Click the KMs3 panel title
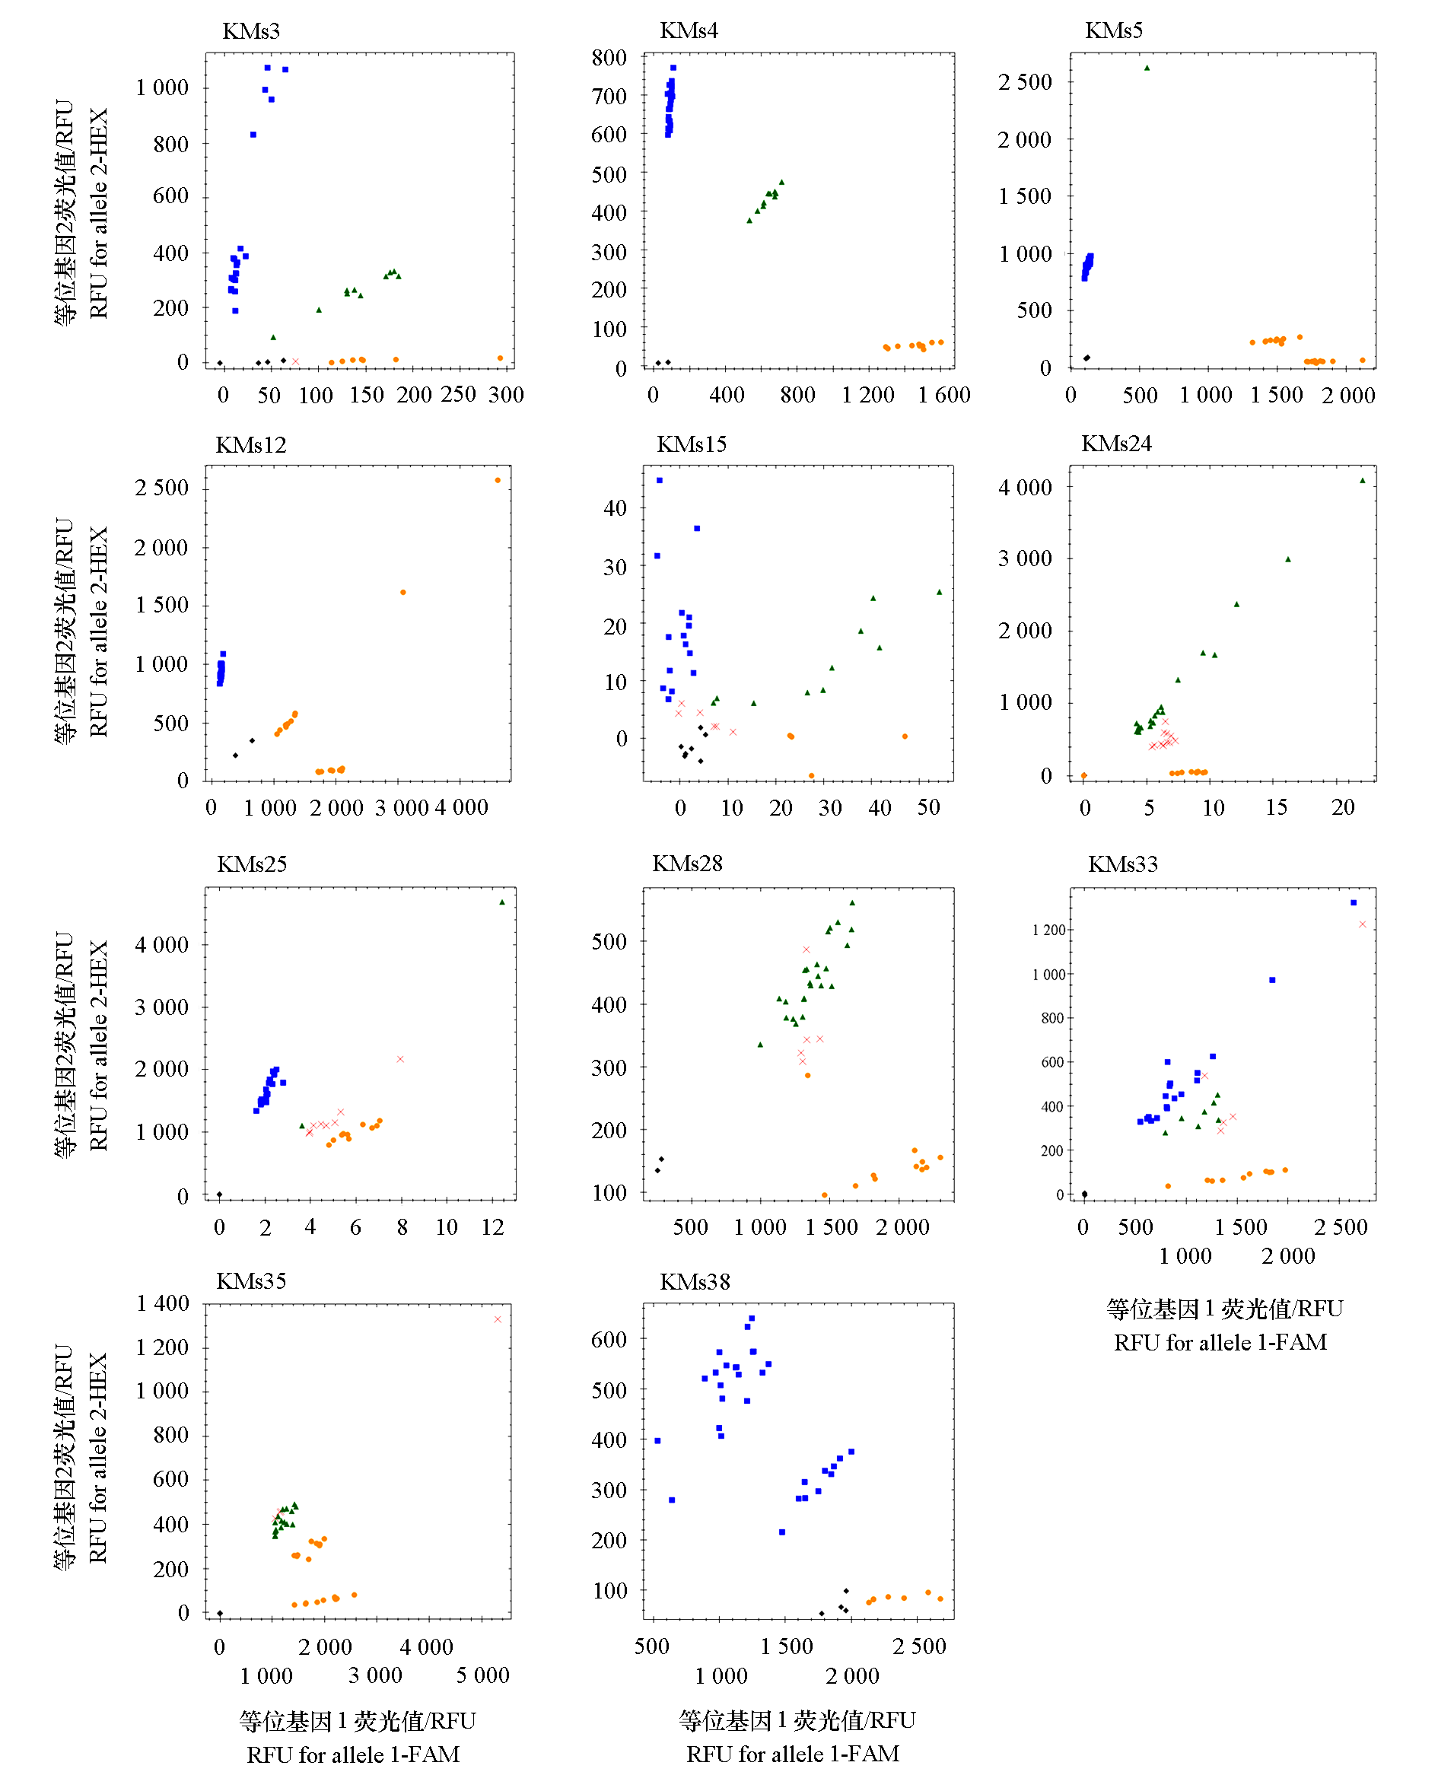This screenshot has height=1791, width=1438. [251, 31]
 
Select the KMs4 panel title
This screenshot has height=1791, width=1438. [689, 30]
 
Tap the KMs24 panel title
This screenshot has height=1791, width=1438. [1115, 444]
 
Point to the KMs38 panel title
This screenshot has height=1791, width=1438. [695, 1282]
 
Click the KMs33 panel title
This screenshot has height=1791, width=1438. [1122, 864]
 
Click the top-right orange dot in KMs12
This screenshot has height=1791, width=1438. [498, 480]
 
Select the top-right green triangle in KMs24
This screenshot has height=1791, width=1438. [1363, 480]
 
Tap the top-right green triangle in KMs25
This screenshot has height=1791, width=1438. [501, 902]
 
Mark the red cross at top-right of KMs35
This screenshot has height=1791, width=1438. [498, 1319]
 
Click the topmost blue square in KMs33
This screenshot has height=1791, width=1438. [1354, 902]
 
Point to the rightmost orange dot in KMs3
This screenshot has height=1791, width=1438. [500, 358]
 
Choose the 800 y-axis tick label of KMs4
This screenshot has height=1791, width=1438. [609, 58]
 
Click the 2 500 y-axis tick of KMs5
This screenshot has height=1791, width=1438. [1025, 82]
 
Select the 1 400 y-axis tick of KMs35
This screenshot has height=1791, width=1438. [163, 1303]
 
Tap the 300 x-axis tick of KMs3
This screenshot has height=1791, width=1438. [506, 395]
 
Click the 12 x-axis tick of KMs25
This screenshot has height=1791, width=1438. [492, 1227]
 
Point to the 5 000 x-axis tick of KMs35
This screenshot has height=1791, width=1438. [482, 1675]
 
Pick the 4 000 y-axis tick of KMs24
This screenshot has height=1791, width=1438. [1025, 488]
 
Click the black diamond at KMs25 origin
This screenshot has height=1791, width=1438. [219, 1195]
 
